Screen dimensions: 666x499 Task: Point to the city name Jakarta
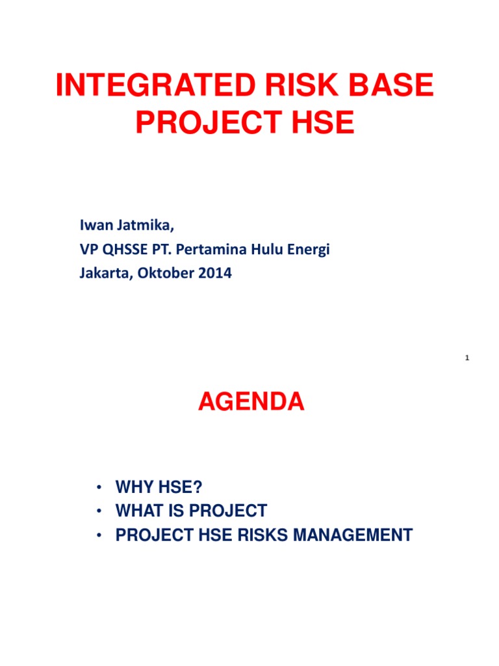99,274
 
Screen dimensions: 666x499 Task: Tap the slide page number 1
467,358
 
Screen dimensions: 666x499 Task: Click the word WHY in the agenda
134,486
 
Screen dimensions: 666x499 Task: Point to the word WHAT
139,511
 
